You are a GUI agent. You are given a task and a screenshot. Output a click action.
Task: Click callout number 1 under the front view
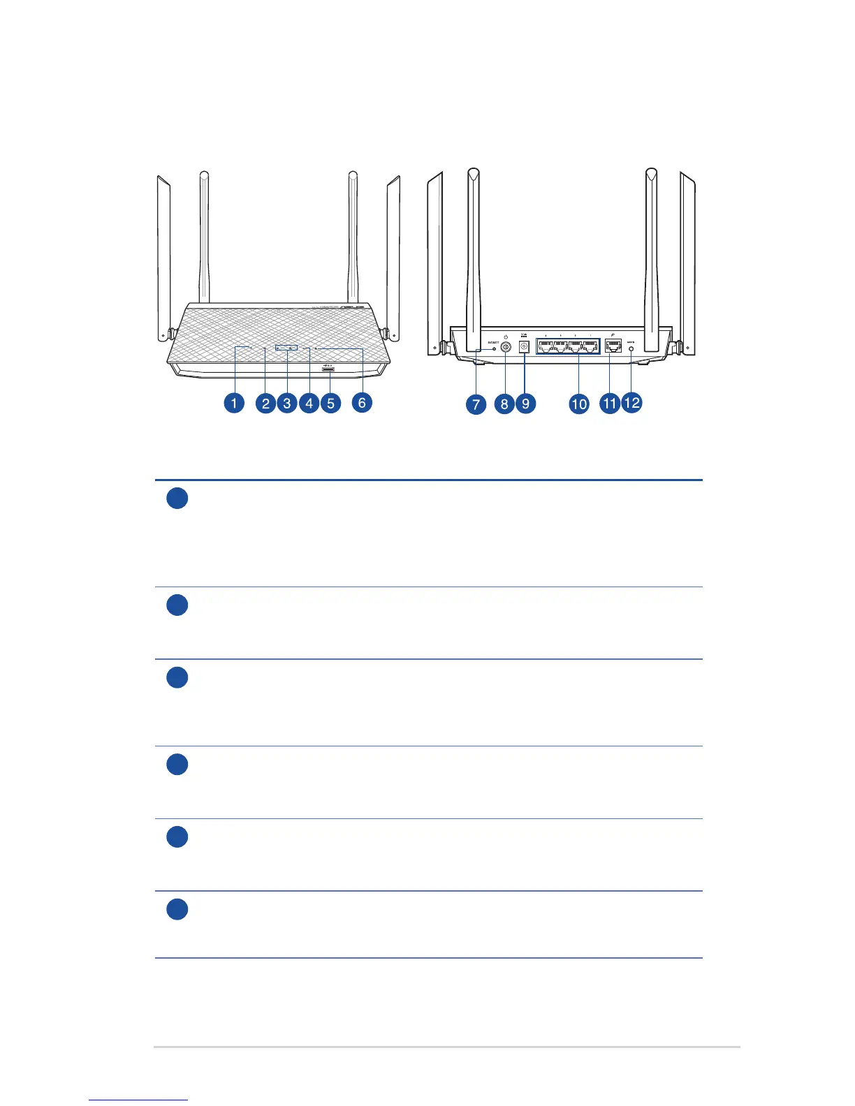click(234, 403)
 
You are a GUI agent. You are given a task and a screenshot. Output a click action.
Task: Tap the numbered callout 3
click(286, 403)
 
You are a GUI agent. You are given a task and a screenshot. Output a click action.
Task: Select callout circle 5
click(330, 403)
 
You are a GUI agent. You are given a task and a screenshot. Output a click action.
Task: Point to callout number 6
click(362, 402)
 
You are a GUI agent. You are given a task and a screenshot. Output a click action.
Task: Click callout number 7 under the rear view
click(476, 404)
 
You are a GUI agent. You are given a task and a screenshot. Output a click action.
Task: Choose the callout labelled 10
click(579, 404)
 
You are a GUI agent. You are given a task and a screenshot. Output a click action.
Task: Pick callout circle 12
click(631, 403)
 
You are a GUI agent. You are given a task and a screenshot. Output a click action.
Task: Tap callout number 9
click(525, 404)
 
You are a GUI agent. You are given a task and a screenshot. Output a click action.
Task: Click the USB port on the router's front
click(328, 369)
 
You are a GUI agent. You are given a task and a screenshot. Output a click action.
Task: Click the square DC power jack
click(524, 347)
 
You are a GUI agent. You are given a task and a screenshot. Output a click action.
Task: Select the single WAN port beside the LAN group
click(613, 346)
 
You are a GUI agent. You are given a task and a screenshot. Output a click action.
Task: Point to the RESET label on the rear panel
click(492, 343)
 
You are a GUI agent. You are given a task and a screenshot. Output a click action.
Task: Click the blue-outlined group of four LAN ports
click(568, 346)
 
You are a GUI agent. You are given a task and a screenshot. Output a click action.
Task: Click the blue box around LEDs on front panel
click(286, 347)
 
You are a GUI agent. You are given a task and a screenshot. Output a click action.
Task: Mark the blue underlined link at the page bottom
click(138, 1100)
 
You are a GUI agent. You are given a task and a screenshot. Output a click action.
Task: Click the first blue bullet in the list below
click(177, 499)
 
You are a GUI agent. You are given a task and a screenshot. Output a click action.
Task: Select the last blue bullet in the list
click(177, 909)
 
